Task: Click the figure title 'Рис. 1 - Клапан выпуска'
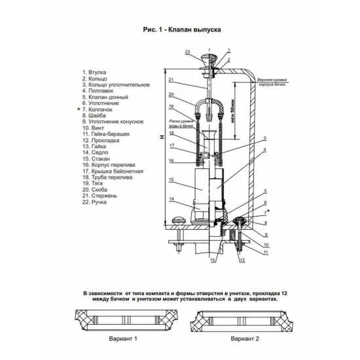(x=182, y=29)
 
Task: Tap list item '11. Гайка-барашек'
(x=106, y=134)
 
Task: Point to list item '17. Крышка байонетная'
(x=113, y=171)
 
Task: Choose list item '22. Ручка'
(x=94, y=202)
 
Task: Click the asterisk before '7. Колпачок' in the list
(x=79, y=109)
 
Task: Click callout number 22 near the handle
(x=188, y=52)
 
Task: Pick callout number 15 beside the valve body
(x=171, y=179)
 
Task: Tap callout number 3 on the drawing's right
(x=264, y=138)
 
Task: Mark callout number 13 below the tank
(x=213, y=261)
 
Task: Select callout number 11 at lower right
(x=266, y=252)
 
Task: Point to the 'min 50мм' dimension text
(x=232, y=111)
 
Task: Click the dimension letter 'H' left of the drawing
(x=162, y=137)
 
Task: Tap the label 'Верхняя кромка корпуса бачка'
(x=272, y=82)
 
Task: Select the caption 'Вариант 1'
(x=123, y=338)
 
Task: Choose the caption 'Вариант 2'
(x=245, y=338)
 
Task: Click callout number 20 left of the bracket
(x=171, y=94)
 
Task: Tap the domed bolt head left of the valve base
(x=179, y=221)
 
